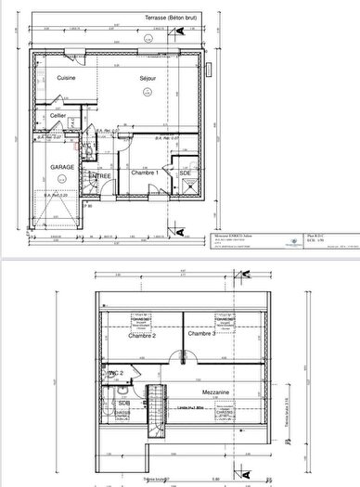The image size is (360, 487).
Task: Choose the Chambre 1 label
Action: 144,173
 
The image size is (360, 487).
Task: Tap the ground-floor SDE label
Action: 185,173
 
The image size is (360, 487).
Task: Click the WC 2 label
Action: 113,373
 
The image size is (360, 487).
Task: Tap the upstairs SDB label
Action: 122,404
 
